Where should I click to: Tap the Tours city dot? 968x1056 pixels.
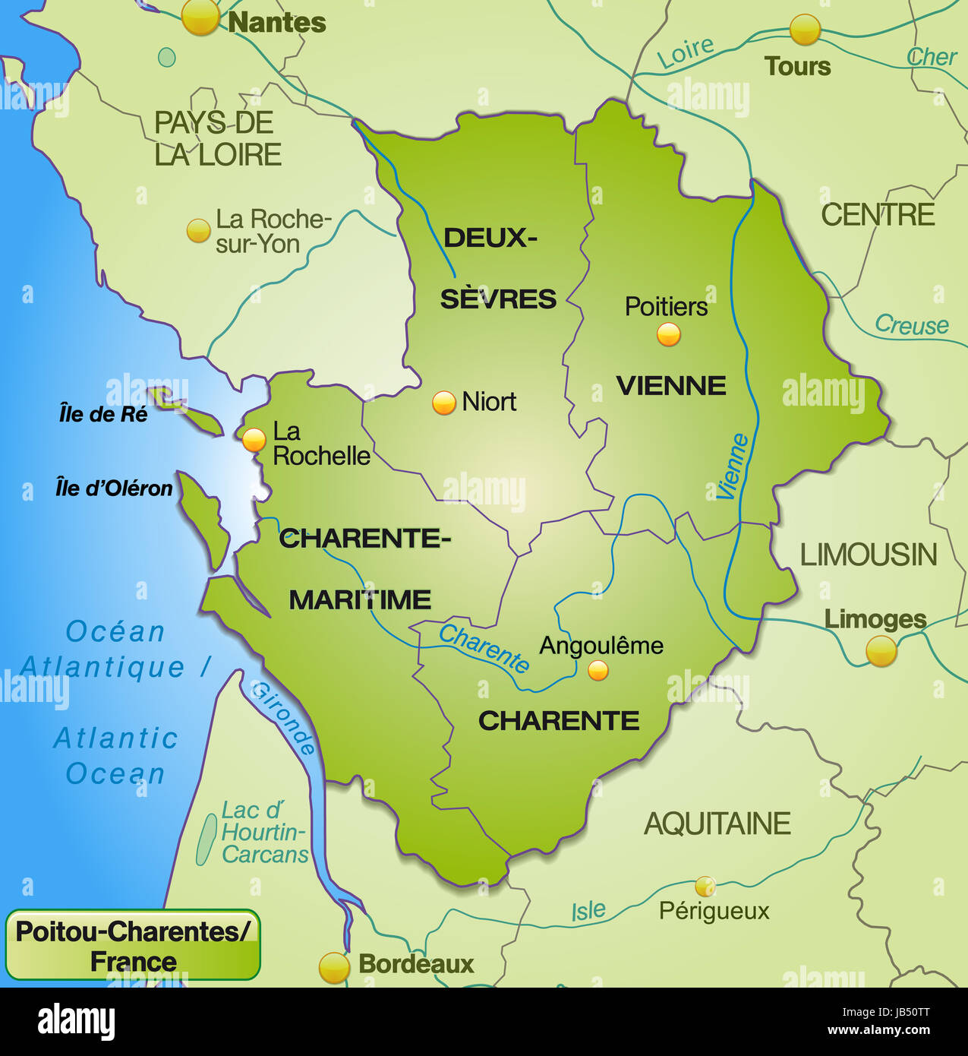[805, 30]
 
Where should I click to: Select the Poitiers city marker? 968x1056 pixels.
[668, 334]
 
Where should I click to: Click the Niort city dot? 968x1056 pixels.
[443, 402]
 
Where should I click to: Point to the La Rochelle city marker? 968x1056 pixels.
[253, 439]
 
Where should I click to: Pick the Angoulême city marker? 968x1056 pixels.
[598, 670]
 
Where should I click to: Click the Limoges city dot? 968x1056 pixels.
[881, 651]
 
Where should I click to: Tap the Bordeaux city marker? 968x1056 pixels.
[334, 967]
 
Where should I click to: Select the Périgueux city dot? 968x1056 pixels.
[705, 886]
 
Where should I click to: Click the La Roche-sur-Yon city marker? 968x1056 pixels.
[198, 230]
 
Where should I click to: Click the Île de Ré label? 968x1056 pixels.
[103, 414]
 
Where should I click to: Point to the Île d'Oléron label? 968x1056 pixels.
[114, 488]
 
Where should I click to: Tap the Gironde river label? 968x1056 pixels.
[283, 716]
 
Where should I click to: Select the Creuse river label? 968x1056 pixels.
[912, 325]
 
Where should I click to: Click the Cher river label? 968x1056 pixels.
[932, 57]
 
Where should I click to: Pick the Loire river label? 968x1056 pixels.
[685, 52]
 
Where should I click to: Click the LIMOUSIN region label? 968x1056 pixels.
[869, 555]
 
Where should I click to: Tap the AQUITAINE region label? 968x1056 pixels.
[717, 824]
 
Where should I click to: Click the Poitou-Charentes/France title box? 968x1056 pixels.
[133, 945]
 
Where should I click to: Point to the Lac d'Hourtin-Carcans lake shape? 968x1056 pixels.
[205, 839]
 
